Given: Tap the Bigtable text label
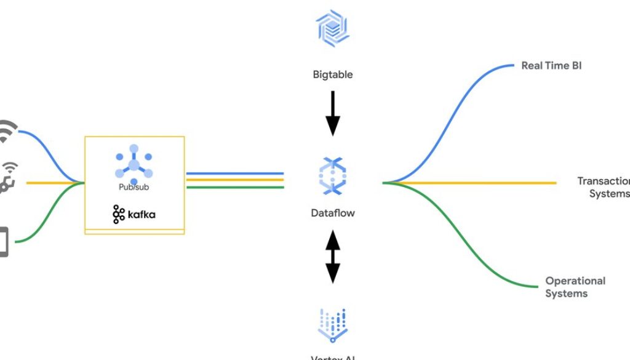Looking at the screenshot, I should click(332, 75).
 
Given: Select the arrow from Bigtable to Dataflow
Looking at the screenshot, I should click(333, 113).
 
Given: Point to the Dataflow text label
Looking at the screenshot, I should click(333, 214).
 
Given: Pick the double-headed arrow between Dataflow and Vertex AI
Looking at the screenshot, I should click(333, 256).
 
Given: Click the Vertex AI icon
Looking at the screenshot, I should click(333, 324).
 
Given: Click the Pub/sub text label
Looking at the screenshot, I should click(134, 187).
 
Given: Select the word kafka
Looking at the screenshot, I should click(142, 214).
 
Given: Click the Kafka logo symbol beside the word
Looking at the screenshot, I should click(119, 214).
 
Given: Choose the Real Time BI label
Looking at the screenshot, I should click(551, 65).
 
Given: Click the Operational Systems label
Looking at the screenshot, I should click(575, 287).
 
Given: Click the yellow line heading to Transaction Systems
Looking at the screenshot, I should click(480, 183).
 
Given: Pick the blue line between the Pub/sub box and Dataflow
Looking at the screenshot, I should click(234, 174).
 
